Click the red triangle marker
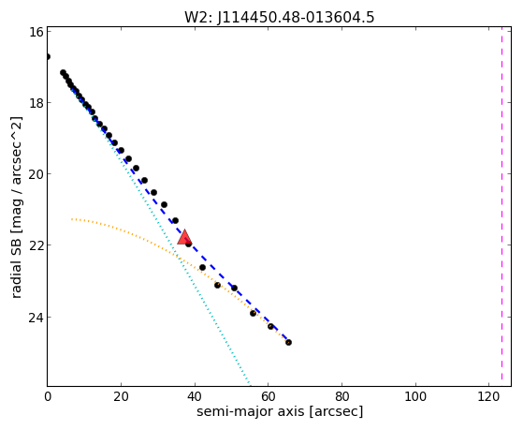point(184,237)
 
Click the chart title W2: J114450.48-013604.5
point(280,17)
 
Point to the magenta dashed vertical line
point(501,206)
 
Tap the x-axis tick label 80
point(341,396)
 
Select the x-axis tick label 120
point(488,396)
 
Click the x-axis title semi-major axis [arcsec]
point(280,411)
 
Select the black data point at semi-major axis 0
point(48,56)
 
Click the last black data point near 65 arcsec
point(288,342)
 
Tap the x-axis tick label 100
point(415,396)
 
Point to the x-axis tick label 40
point(195,396)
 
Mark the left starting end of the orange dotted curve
point(72,219)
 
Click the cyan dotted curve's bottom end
point(249,384)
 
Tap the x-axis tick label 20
point(121,396)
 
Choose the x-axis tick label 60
point(269,396)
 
